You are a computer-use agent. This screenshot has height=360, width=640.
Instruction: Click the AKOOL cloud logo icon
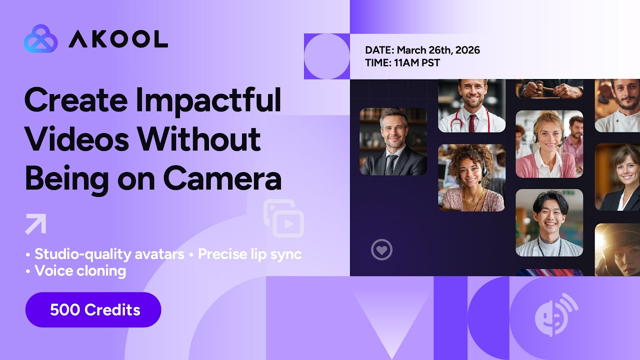click(40, 39)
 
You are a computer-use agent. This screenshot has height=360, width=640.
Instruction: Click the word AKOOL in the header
click(118, 39)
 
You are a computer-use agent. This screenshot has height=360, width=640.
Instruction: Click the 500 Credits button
click(93, 310)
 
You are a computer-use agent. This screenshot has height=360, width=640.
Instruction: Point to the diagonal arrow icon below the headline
click(35, 223)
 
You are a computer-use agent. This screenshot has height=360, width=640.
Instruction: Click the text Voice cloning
click(80, 271)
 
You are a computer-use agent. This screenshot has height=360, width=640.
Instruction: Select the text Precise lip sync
click(249, 254)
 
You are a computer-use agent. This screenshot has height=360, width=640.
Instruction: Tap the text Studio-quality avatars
click(109, 254)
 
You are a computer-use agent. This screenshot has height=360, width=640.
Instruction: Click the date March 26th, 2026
click(438, 50)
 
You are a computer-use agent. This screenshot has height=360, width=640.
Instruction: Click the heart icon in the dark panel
click(381, 249)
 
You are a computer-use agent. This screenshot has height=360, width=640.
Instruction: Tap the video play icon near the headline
click(284, 218)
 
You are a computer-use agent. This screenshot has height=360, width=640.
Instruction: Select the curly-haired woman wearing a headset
click(471, 177)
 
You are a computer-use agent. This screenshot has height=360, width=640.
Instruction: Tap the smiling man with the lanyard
click(548, 222)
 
